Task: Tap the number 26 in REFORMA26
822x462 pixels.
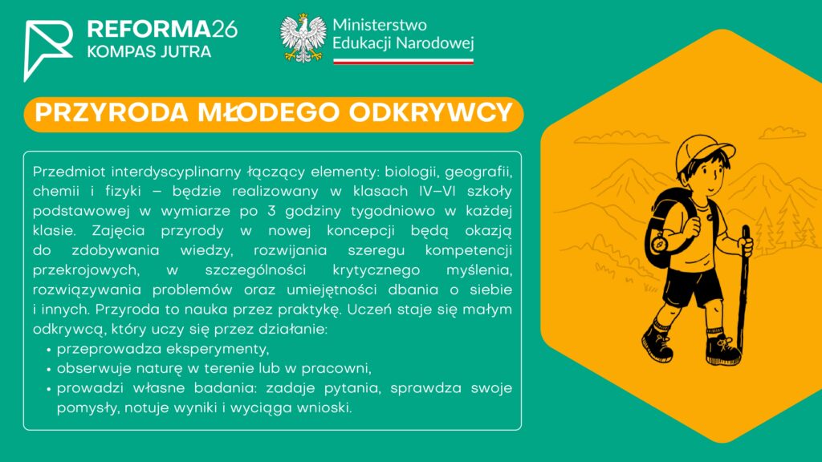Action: click(x=225, y=30)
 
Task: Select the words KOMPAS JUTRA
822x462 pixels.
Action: click(x=149, y=51)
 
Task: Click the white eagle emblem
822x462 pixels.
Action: click(x=303, y=38)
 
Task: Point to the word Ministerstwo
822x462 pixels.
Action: click(x=380, y=25)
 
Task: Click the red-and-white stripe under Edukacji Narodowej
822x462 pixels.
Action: click(x=403, y=61)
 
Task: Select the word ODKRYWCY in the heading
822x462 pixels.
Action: click(x=431, y=112)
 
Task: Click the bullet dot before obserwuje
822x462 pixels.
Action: click(x=49, y=370)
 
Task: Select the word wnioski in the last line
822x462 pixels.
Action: click(x=324, y=408)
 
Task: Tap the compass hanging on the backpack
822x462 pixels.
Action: click(x=659, y=243)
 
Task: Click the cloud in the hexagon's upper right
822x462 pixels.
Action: click(x=782, y=133)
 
